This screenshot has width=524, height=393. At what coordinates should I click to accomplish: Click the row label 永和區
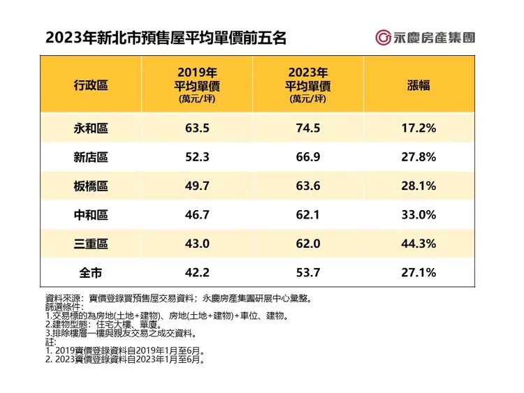91,128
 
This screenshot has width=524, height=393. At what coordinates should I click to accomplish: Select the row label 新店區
91,157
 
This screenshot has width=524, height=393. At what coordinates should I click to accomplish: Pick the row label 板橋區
91,186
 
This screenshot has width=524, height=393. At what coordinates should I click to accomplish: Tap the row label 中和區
91,214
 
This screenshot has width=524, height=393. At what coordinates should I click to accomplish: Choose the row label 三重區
91,244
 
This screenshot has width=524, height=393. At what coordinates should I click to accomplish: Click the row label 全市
91,272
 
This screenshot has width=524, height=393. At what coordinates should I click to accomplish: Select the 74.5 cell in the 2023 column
307,128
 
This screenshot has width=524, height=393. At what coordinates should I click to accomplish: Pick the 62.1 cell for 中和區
307,214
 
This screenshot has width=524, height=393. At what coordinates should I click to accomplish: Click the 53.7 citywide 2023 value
307,272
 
